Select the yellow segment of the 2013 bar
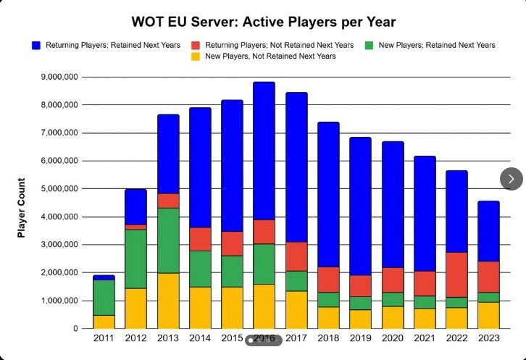pyautogui.click(x=169, y=301)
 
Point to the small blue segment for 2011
pyautogui.click(x=104, y=277)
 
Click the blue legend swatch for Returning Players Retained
pyautogui.click(x=36, y=45)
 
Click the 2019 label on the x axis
pyautogui.click(x=360, y=339)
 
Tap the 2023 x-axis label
pyautogui.click(x=488, y=339)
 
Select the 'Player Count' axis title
pyautogui.click(x=22, y=208)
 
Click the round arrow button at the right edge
pyautogui.click(x=512, y=178)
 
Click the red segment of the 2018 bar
pyautogui.click(x=328, y=280)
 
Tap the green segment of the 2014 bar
pyautogui.click(x=200, y=269)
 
